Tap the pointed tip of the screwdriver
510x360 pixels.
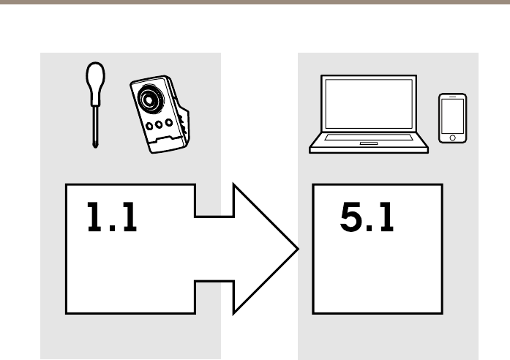94,146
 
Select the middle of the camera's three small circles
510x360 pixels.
160,124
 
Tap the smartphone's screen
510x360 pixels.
451,116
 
